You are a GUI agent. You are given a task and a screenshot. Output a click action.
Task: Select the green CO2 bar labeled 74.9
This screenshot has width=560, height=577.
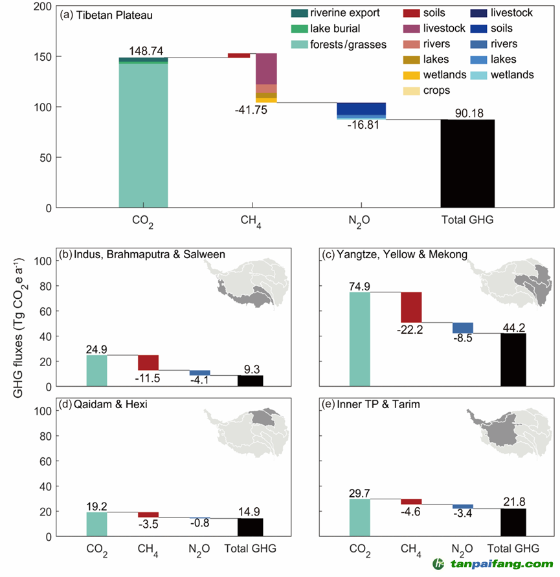click(359, 339)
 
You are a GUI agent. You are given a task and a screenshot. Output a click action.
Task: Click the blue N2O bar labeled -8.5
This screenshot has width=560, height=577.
click(462, 327)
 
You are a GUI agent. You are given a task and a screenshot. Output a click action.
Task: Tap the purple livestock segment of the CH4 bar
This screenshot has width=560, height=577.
click(266, 69)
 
